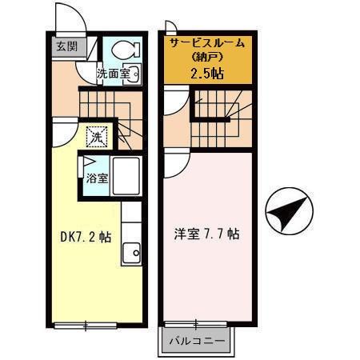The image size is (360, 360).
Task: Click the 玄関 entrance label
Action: point(66,46)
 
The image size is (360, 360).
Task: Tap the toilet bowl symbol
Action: point(124,50)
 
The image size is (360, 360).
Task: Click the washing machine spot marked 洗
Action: point(97,137)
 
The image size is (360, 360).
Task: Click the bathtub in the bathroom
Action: point(126,176)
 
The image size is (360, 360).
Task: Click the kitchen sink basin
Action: point(130,254)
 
